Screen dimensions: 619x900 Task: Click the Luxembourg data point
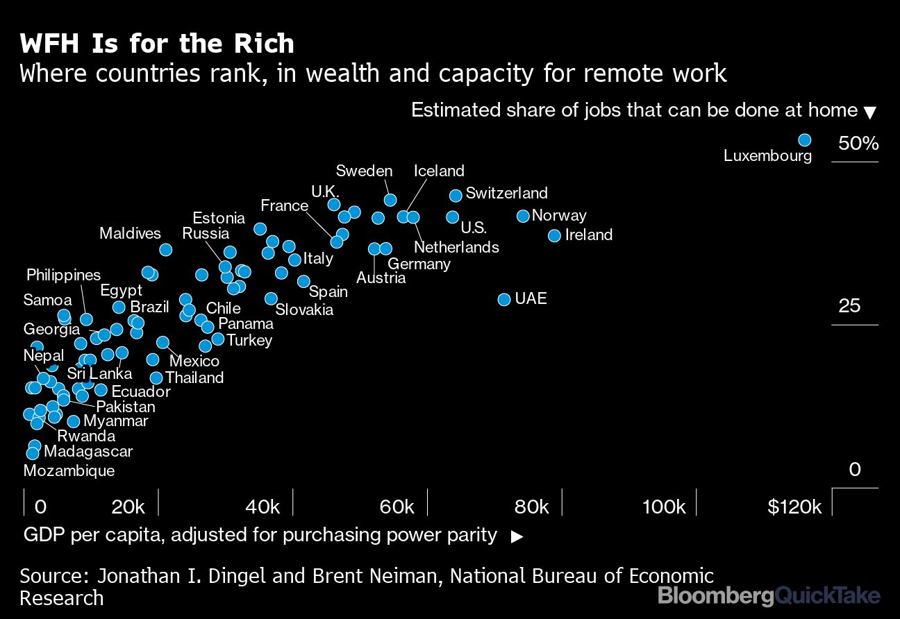click(x=804, y=140)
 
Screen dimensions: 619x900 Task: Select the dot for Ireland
click(x=554, y=235)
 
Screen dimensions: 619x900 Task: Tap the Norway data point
click(x=523, y=216)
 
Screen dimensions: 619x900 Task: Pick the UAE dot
click(x=504, y=299)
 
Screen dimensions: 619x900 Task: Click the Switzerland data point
click(x=456, y=195)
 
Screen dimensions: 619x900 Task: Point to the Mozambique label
click(x=69, y=470)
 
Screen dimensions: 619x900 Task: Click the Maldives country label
click(x=130, y=233)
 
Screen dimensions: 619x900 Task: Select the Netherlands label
click(x=456, y=247)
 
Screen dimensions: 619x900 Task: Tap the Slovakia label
click(x=304, y=309)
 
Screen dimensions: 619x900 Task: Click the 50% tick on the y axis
click(x=858, y=144)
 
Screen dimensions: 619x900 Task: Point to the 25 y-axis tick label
click(x=850, y=306)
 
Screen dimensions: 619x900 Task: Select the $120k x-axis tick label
click(x=794, y=507)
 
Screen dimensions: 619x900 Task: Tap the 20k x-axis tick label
click(x=128, y=507)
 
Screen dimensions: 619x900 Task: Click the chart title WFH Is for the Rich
click(x=157, y=44)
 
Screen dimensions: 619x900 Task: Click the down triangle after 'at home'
click(x=870, y=112)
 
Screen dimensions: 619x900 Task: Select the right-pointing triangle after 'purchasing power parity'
click(x=517, y=536)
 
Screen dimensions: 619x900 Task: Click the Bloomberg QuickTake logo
click(x=769, y=595)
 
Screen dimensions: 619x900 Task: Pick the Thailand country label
click(x=194, y=378)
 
